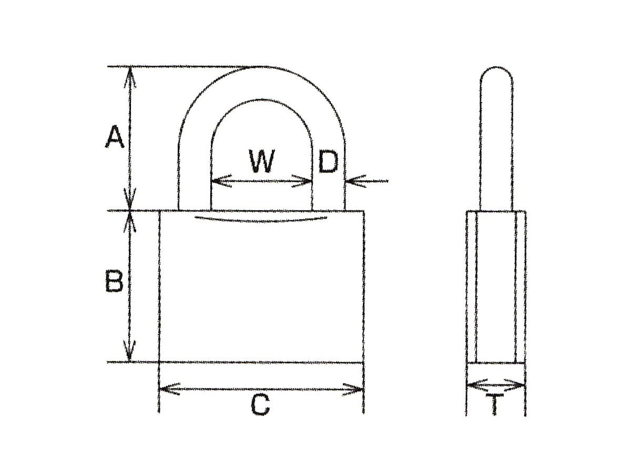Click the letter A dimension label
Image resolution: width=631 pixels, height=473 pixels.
pyautogui.click(x=115, y=137)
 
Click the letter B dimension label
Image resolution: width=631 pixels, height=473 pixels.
pyautogui.click(x=114, y=281)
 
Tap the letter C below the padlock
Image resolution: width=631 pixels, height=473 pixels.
pyautogui.click(x=260, y=405)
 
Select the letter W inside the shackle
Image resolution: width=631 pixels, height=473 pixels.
pyautogui.click(x=261, y=161)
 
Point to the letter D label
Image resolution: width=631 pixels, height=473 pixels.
pyautogui.click(x=328, y=161)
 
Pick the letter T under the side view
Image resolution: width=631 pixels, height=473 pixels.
pyautogui.click(x=494, y=404)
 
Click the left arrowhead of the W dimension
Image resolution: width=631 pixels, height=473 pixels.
pyautogui.click(x=221, y=181)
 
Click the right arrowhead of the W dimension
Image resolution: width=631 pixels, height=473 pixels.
pyautogui.click(x=302, y=181)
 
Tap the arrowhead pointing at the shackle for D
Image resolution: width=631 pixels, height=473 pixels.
pyautogui.click(x=356, y=181)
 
